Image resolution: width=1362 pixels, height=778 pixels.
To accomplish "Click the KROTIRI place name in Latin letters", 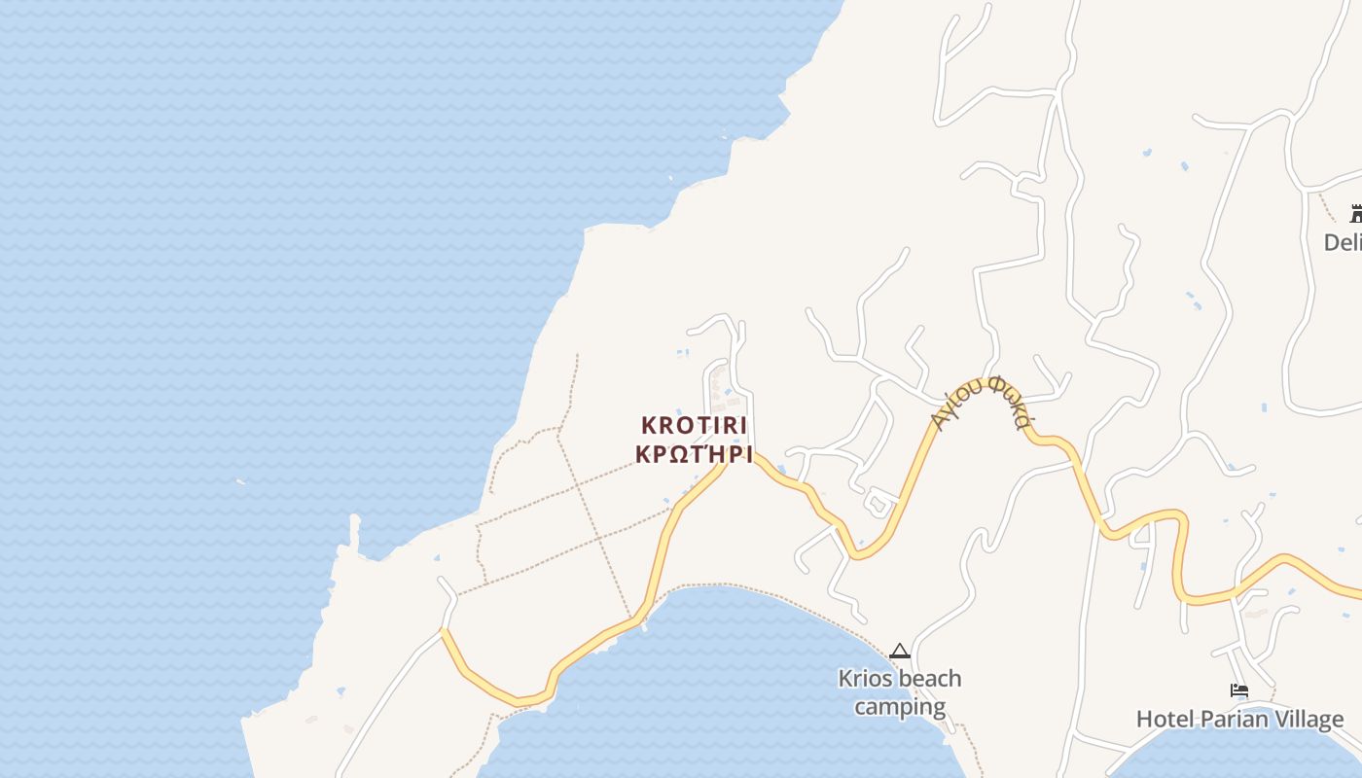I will point(694,426).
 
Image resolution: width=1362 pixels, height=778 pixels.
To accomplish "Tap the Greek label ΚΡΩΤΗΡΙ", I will point(694,454).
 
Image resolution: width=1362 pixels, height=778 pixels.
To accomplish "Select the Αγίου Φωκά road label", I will point(980,401).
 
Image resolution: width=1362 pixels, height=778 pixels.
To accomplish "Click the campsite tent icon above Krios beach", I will point(900,651).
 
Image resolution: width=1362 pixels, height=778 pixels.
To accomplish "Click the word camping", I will point(900,706).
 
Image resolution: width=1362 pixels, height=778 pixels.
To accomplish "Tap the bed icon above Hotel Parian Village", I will point(1239,690).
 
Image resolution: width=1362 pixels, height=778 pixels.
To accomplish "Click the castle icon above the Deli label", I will point(1356,214).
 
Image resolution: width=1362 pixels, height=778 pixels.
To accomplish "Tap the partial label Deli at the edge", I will point(1343,242).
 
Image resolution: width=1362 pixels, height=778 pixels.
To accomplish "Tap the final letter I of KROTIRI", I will point(742,426).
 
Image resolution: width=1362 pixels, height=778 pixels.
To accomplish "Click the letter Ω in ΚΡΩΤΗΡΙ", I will point(679,454).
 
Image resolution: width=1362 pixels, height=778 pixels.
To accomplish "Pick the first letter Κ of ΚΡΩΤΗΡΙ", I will point(642,454).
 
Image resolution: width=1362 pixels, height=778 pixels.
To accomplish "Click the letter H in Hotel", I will point(1144,720).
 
